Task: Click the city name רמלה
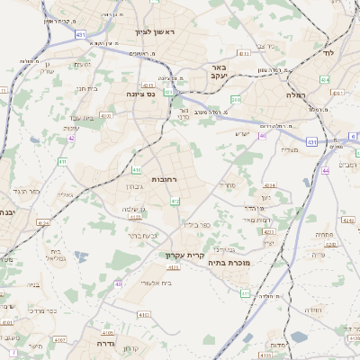coord(296,94)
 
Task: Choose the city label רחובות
coord(165,180)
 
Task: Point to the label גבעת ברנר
coord(142,235)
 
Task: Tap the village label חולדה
coord(313,310)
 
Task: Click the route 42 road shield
coord(71,139)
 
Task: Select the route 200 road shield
coord(236,99)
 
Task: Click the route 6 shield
coord(354,137)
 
